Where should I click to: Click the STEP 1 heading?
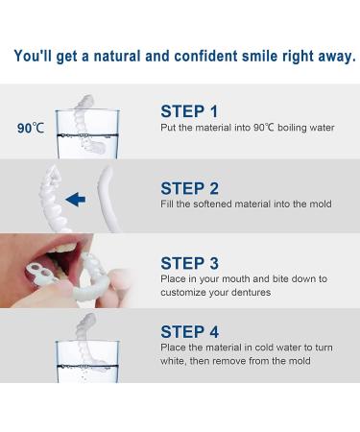[x=189, y=110]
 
